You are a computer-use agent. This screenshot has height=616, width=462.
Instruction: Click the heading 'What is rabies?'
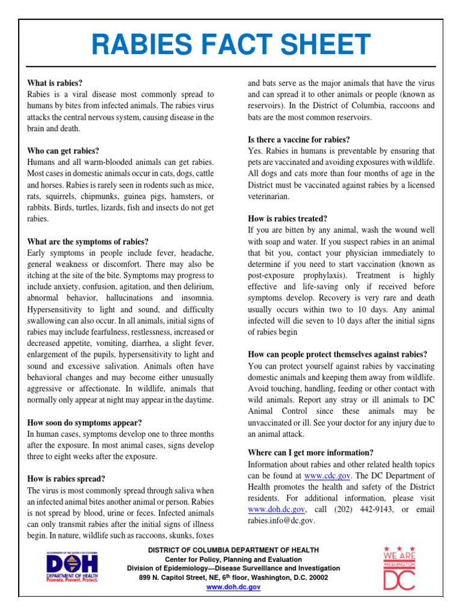(55, 83)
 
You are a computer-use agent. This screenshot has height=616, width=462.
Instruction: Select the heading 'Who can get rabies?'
(63, 151)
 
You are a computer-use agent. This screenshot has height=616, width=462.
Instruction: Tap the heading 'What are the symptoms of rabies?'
(88, 242)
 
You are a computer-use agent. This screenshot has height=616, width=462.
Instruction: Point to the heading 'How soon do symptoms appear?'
(84, 423)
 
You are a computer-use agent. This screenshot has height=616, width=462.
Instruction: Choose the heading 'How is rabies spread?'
(66, 479)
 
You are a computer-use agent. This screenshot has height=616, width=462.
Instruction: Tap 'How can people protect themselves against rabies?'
(337, 354)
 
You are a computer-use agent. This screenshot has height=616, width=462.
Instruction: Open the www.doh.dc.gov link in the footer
(233, 587)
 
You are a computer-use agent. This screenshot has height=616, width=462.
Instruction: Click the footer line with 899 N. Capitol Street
(233, 577)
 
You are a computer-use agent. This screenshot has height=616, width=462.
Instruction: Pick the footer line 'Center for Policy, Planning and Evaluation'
(233, 559)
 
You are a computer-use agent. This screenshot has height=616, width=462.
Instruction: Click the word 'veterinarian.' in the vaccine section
(269, 196)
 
